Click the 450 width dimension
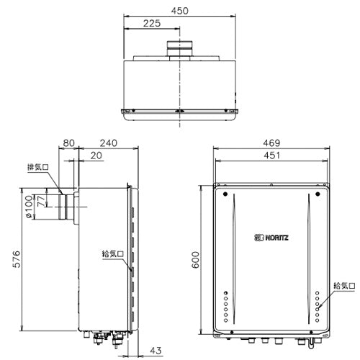pyautogui.click(x=180, y=11)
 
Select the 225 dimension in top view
pyautogui.click(x=152, y=24)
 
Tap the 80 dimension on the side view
pyautogui.click(x=68, y=143)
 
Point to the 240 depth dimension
pyautogui.click(x=109, y=143)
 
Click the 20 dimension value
pyautogui.click(x=96, y=156)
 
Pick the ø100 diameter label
pyautogui.click(x=29, y=207)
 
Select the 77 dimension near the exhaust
pyautogui.click(x=41, y=201)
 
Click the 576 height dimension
pyautogui.click(x=17, y=259)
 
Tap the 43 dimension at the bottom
pyautogui.click(x=156, y=351)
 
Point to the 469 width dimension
pyautogui.click(x=271, y=143)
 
